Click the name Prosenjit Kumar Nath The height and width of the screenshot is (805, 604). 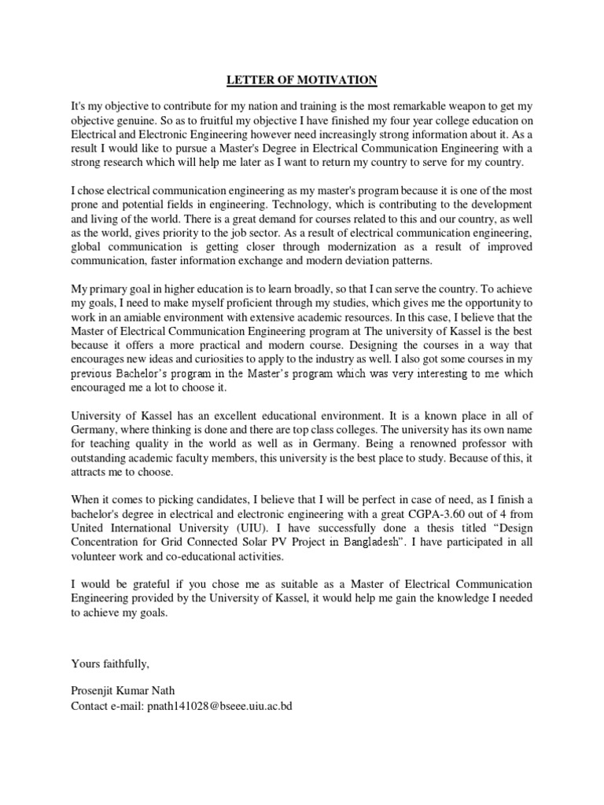(123, 691)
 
